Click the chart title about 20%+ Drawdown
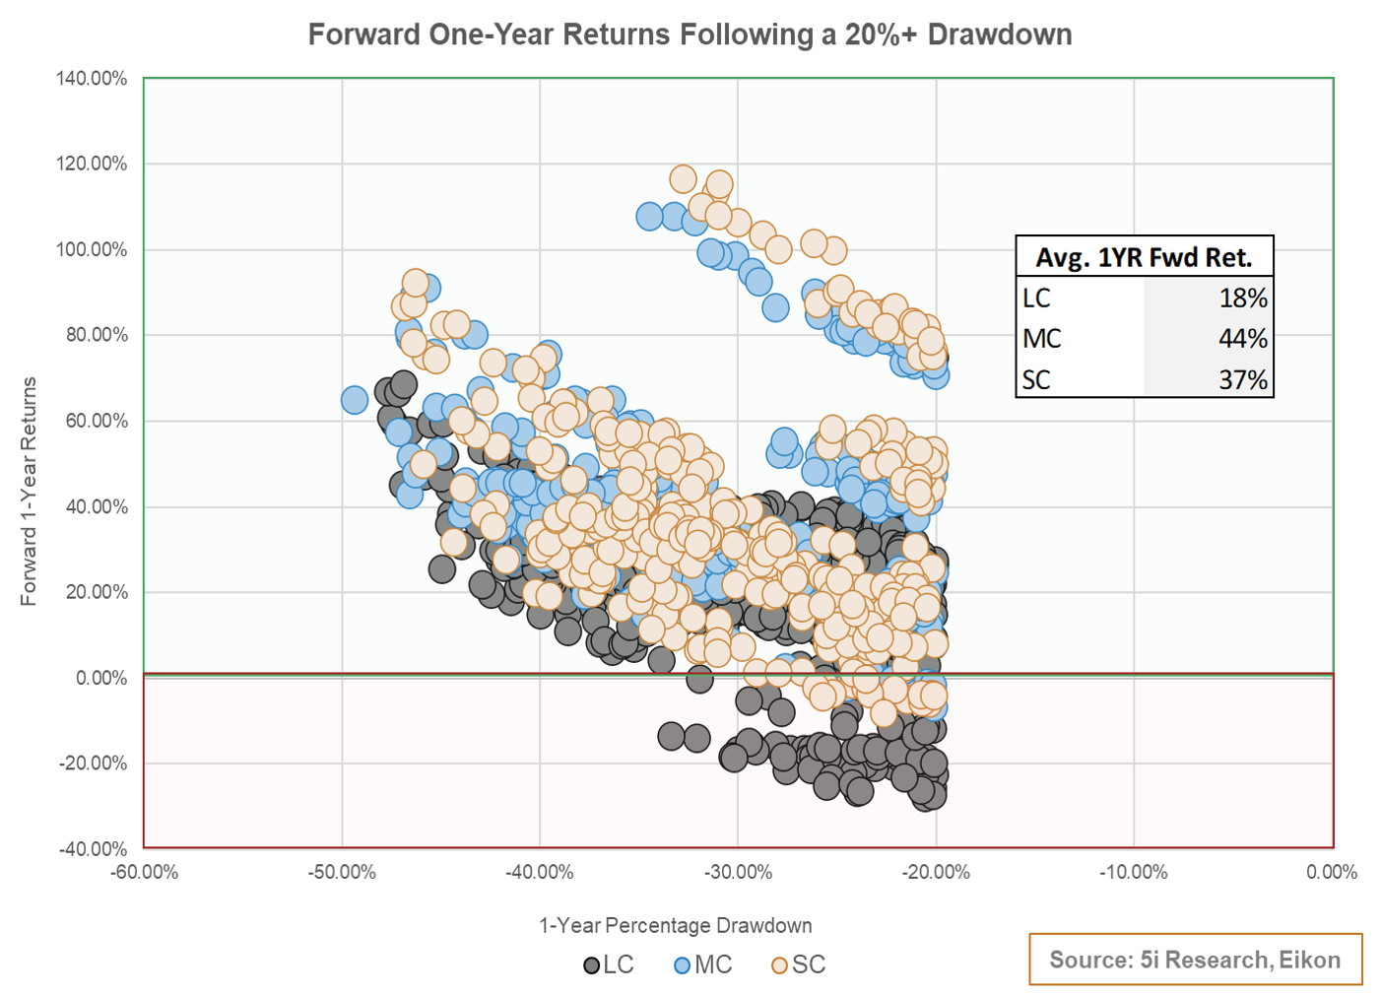[x=690, y=34]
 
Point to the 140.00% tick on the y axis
[x=92, y=79]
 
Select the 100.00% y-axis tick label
[x=92, y=249]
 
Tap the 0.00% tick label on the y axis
[x=101, y=678]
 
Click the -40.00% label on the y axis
[x=94, y=848]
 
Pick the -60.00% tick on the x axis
[x=144, y=873]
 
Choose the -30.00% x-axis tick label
[x=738, y=873]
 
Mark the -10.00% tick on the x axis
[x=1134, y=873]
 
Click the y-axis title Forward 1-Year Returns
[x=29, y=491]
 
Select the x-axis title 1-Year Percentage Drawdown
[x=676, y=926]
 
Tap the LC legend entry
[x=609, y=965]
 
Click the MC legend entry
[x=702, y=965]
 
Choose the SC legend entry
[x=799, y=965]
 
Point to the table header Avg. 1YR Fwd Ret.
[x=1144, y=257]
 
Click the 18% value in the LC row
[x=1242, y=298]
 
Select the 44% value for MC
[x=1242, y=338]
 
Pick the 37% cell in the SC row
[x=1242, y=379]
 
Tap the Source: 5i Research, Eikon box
[x=1195, y=960]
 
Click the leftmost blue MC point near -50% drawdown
[x=355, y=400]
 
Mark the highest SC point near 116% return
[x=683, y=179]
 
